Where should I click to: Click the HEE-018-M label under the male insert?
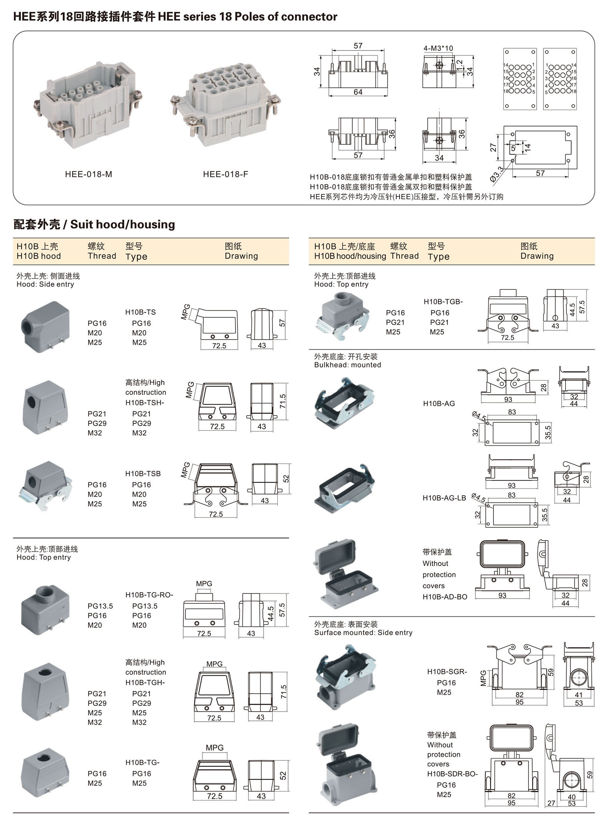pos(89,174)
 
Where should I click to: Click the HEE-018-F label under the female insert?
pos(225,174)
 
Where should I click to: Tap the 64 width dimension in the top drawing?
pos(358,92)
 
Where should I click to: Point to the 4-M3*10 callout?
pos(438,48)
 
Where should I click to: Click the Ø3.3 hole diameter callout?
pos(497,174)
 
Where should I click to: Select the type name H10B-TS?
pos(141,312)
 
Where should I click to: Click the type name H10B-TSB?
pos(143,474)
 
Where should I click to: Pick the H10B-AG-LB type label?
pos(444,498)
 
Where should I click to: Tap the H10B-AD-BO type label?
pos(445,597)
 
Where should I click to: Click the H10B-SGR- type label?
pos(447,672)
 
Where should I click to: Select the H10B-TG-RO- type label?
pos(149,595)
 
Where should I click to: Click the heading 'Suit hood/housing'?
pos(123,224)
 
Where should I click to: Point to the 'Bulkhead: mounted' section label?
pos(348,365)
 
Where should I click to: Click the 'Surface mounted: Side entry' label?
pos(363,633)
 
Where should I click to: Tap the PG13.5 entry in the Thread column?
pos(100,606)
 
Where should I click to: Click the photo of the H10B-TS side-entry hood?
pos(46,327)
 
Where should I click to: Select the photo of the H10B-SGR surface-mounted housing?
pos(345,676)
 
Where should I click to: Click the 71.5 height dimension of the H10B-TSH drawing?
pos(283,401)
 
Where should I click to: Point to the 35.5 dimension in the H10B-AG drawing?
pos(548,433)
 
